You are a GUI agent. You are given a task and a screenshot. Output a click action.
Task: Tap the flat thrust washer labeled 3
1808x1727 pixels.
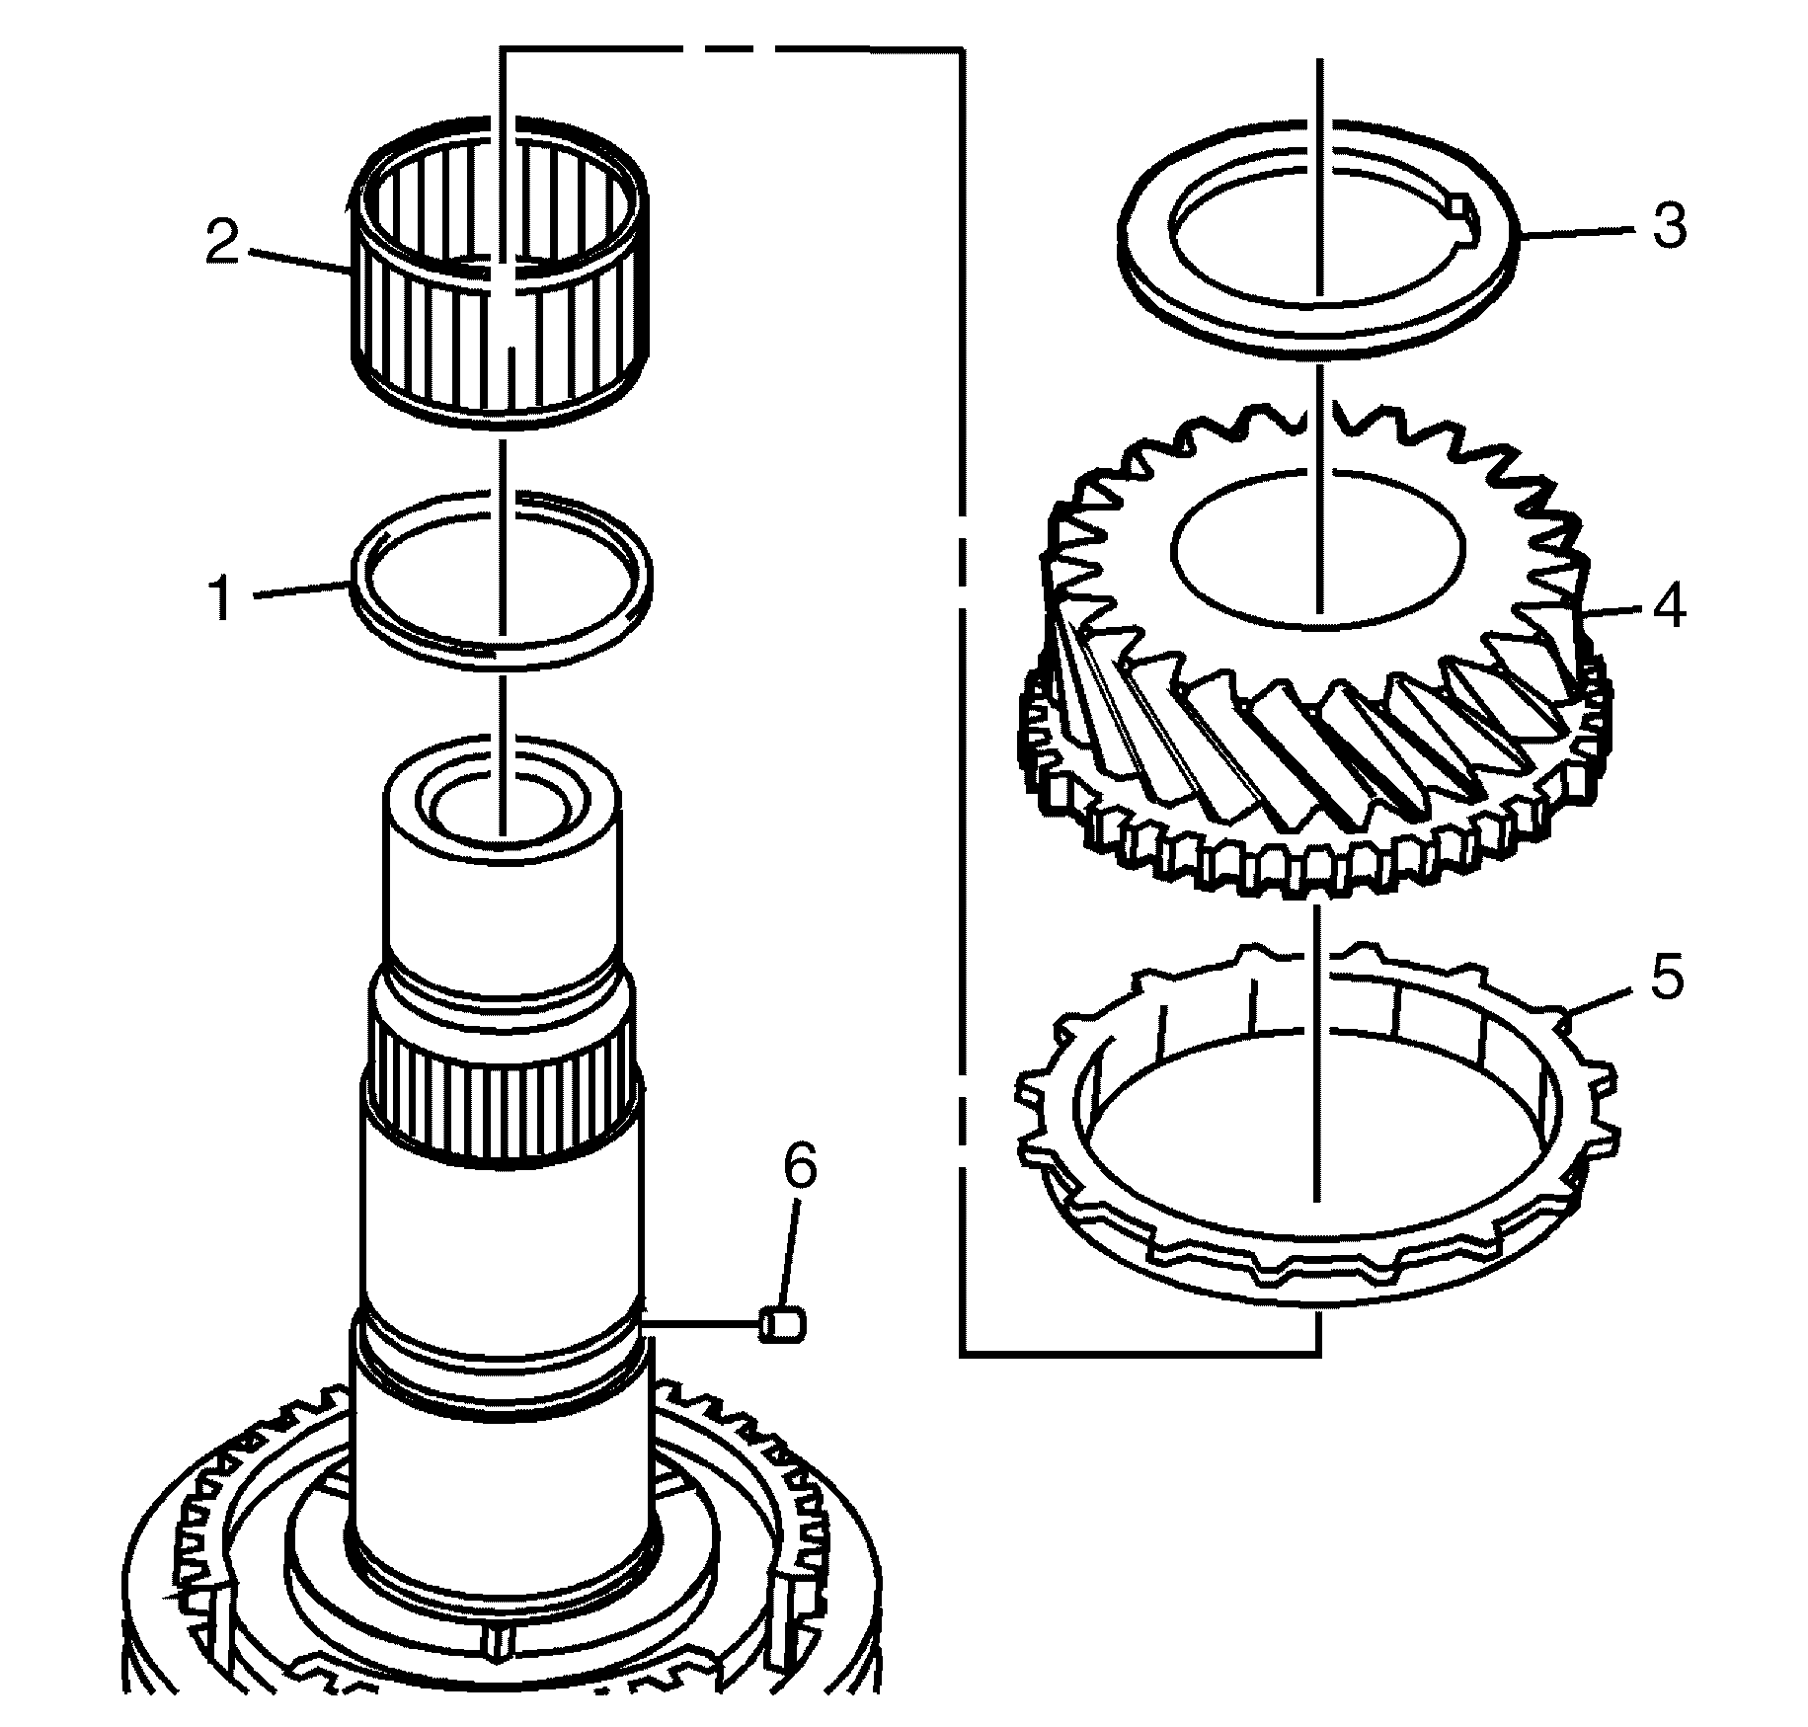[x=1185, y=296]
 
